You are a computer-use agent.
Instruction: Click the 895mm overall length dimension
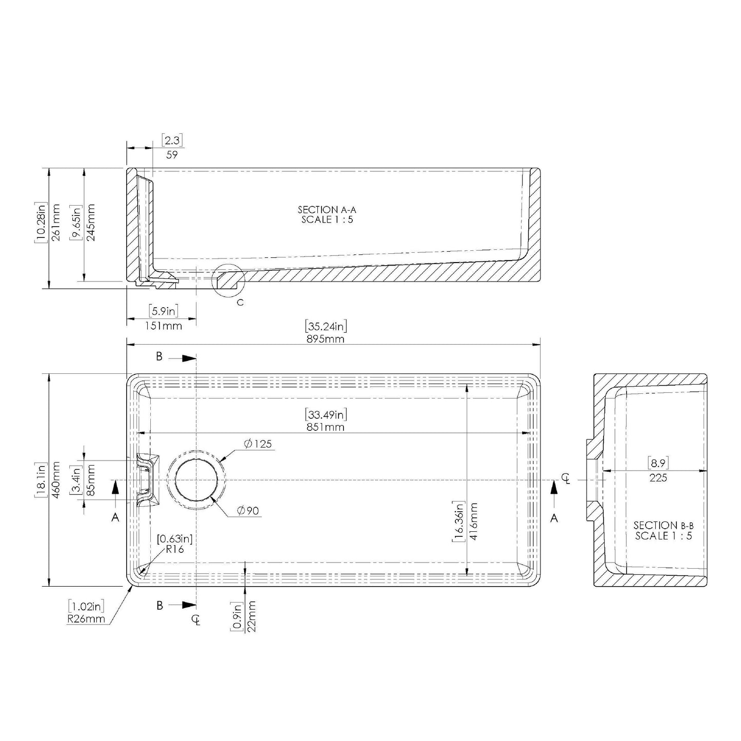(x=326, y=339)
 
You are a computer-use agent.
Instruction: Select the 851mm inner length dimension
(x=326, y=427)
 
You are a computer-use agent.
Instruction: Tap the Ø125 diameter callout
(x=258, y=444)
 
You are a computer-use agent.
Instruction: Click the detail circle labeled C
(x=228, y=280)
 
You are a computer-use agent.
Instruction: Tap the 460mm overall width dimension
(x=56, y=480)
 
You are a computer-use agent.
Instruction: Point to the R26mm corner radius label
(x=86, y=618)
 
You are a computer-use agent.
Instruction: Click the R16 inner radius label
(x=174, y=549)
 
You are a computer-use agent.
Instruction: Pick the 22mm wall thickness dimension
(x=252, y=616)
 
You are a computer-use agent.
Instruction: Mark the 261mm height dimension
(x=56, y=222)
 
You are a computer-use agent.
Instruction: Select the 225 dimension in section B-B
(x=658, y=477)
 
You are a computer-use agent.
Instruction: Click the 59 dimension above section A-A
(x=172, y=154)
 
